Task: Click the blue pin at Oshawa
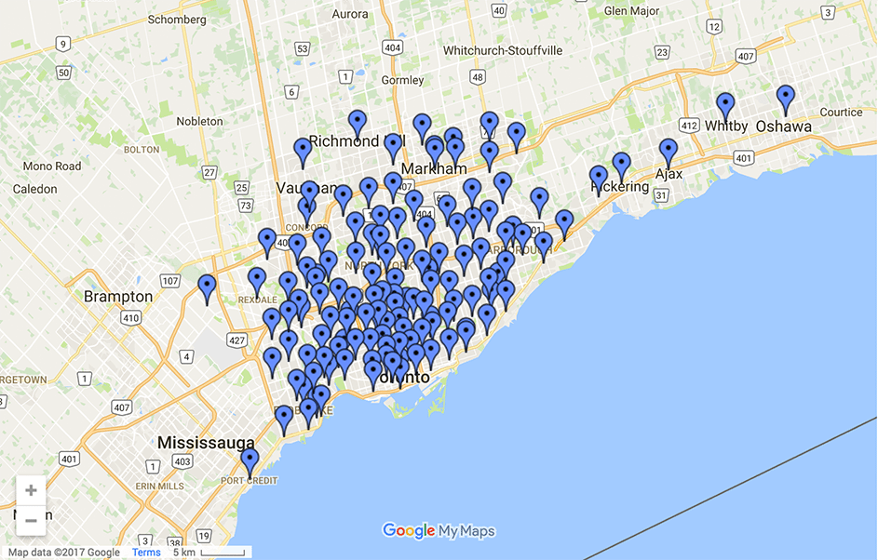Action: pos(786,98)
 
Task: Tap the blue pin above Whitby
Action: pos(725,105)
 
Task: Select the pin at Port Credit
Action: pos(250,460)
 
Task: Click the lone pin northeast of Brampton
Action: pos(207,287)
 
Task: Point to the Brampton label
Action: pos(118,297)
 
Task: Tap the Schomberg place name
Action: pos(177,20)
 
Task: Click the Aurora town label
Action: pos(350,14)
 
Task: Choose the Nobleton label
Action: pos(199,121)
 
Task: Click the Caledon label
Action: pos(34,189)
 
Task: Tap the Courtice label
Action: pos(841,113)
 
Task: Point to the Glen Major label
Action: pos(631,11)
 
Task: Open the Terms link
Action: pos(146,553)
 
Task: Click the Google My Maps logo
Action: pos(439,531)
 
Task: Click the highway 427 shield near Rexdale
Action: pos(236,340)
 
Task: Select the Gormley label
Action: pos(402,80)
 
